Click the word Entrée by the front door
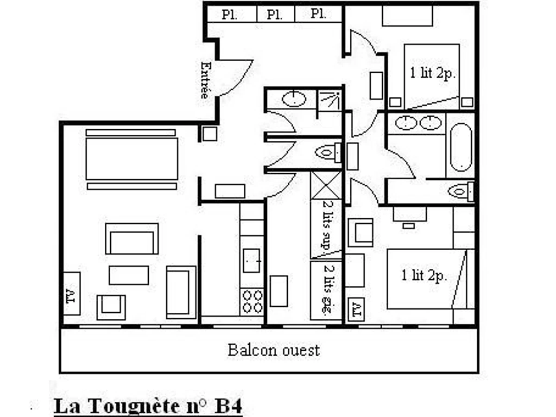[x=204, y=80]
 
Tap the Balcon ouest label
[x=273, y=350]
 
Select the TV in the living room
[x=71, y=294]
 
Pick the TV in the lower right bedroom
[x=355, y=307]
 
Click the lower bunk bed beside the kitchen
[x=326, y=291]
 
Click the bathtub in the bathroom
[x=461, y=147]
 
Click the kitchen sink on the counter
[x=252, y=260]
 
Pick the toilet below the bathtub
[x=461, y=191]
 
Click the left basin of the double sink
[x=406, y=123]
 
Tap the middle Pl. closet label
[x=275, y=14]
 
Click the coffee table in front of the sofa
[x=129, y=275]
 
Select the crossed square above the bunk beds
[x=326, y=185]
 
